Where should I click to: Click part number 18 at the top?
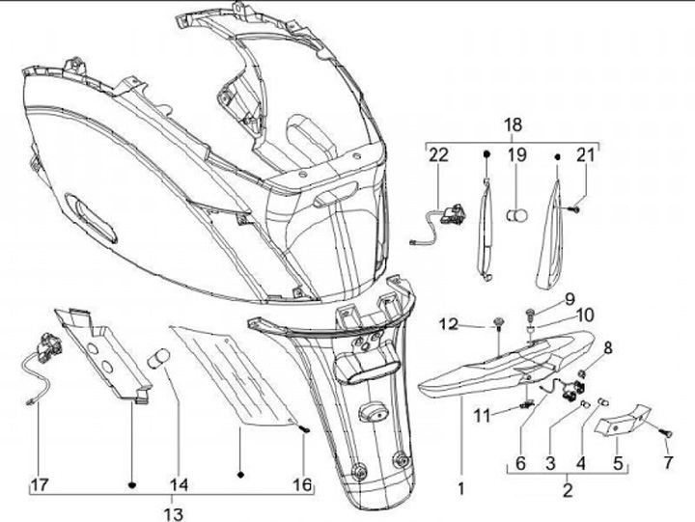(513, 125)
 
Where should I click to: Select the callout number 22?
(439, 155)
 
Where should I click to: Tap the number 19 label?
(517, 155)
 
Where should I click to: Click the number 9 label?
(569, 298)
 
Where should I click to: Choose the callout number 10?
(586, 316)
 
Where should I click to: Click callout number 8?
(608, 347)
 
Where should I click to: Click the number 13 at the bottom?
(175, 513)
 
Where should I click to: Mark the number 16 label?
(303, 485)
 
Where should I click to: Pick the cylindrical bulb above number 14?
(157, 362)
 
